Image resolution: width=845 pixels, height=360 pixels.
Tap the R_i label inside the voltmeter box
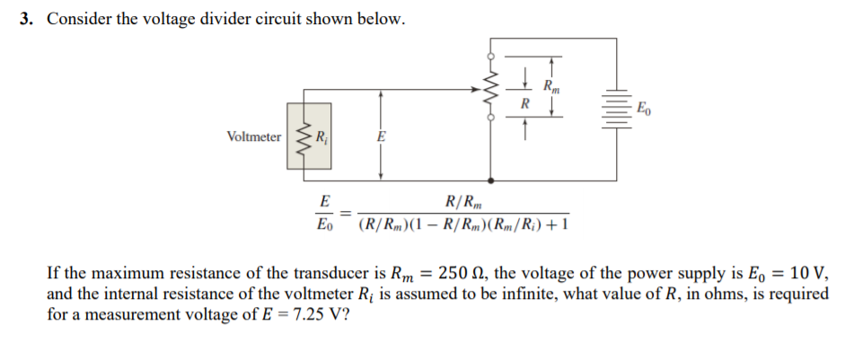click(320, 137)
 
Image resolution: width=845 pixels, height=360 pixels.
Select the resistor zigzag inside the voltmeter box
click(303, 137)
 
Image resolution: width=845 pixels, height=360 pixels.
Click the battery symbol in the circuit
click(616, 109)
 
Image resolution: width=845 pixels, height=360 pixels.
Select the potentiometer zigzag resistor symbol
click(490, 90)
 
